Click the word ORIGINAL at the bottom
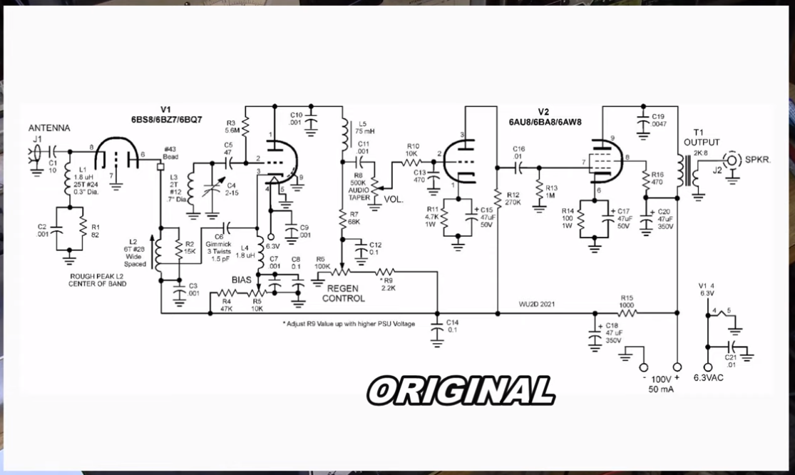[461, 390]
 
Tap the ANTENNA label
[49, 128]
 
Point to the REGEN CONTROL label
[343, 293]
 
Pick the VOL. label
[394, 200]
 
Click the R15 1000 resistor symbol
[627, 312]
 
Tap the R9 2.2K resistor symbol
[384, 271]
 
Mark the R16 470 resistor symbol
[646, 181]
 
